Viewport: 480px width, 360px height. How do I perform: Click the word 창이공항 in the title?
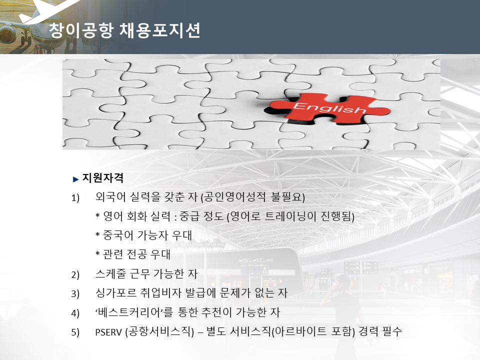(81, 30)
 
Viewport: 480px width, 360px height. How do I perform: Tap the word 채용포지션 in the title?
(160, 30)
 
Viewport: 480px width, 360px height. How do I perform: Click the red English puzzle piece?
(327, 108)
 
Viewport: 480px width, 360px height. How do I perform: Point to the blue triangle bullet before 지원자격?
(76, 179)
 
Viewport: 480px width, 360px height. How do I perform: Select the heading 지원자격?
(103, 178)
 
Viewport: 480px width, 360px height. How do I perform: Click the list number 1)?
(75, 198)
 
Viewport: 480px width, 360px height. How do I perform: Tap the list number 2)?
(75, 274)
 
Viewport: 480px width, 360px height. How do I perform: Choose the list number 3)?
(75, 294)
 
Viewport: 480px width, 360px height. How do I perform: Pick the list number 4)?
(75, 313)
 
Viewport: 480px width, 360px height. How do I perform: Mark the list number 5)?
(75, 332)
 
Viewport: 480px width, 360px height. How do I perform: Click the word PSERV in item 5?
(108, 332)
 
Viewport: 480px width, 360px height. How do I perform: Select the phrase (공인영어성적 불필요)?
(253, 197)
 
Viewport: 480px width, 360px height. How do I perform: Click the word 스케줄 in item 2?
(110, 273)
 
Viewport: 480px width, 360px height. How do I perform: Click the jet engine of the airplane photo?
(8, 34)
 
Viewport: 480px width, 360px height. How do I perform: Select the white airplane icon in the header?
(49, 10)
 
